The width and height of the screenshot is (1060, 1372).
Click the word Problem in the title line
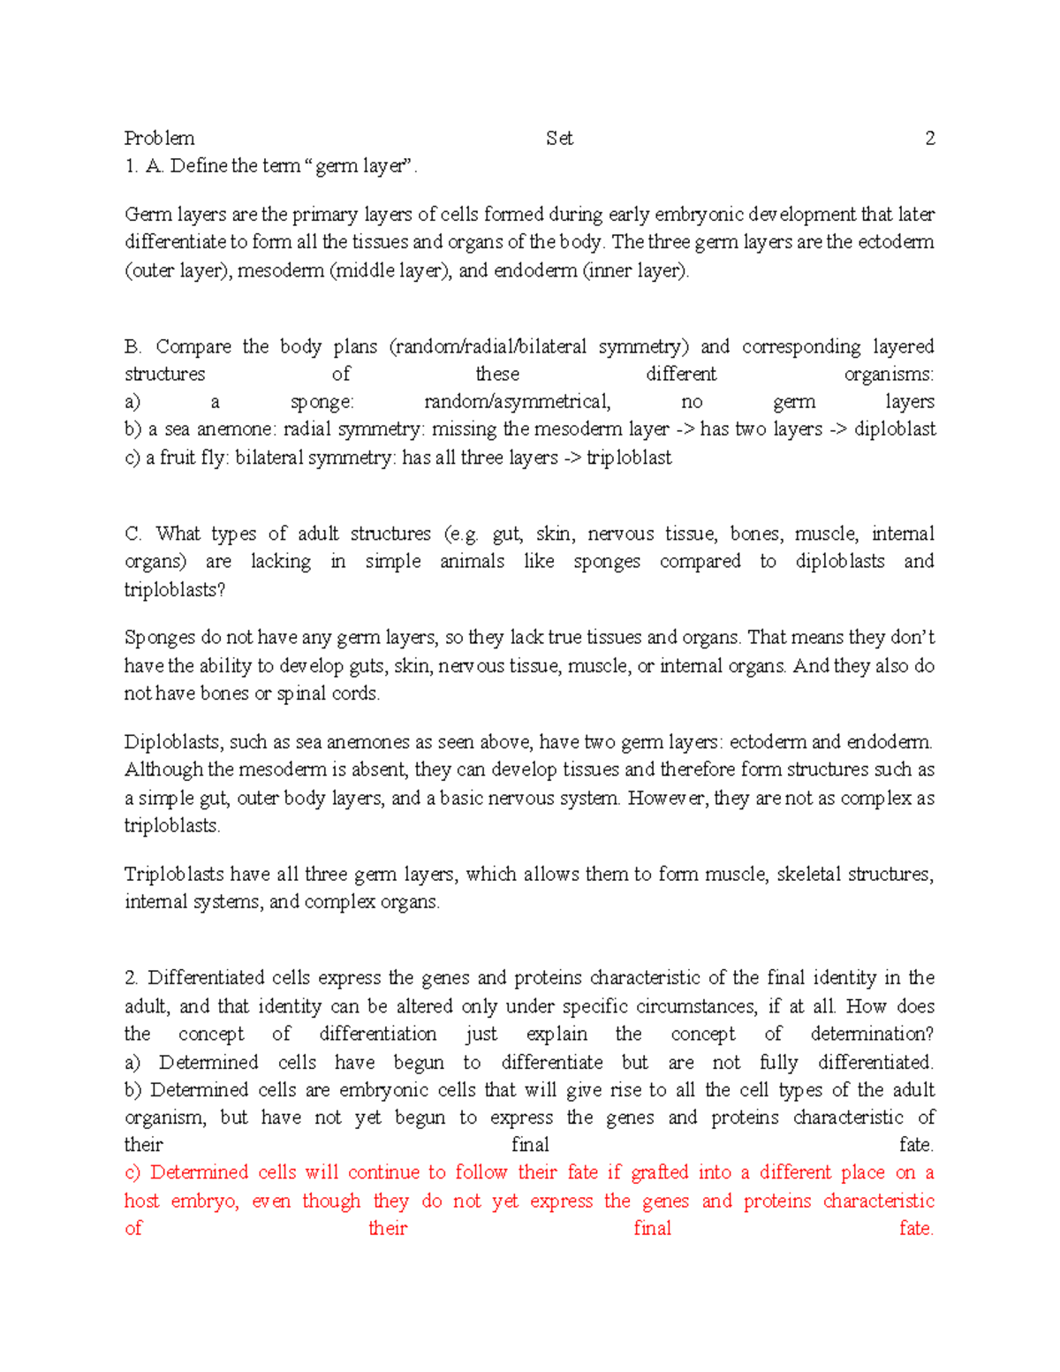coord(159,138)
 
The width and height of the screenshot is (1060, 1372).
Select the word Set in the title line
coord(559,138)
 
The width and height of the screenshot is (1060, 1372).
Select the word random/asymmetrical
coord(517,402)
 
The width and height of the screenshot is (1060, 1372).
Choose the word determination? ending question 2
coord(872,1034)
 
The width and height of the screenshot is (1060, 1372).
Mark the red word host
coord(141,1201)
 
